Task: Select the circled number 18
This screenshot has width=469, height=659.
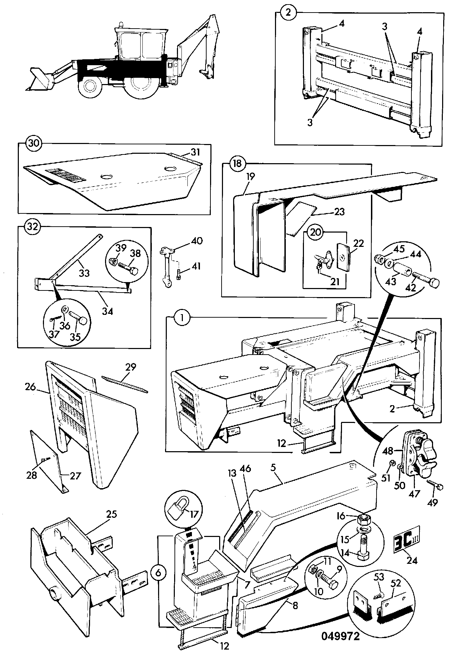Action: click(237, 164)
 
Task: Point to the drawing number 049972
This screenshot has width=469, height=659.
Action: click(341, 636)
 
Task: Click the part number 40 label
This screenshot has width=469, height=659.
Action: click(197, 241)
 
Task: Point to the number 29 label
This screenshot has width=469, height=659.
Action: click(131, 367)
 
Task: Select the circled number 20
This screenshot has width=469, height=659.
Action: click(315, 233)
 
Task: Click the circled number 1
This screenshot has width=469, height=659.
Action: click(181, 319)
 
